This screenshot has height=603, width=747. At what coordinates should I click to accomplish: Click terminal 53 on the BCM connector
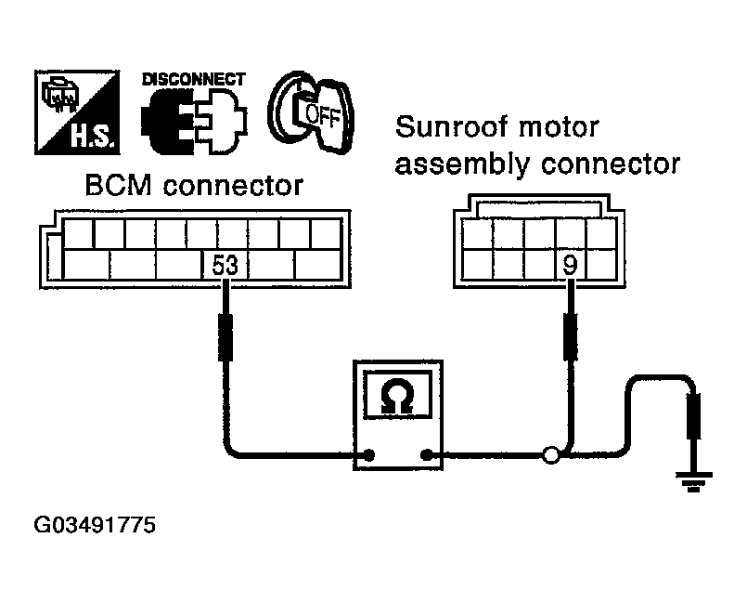click(x=225, y=265)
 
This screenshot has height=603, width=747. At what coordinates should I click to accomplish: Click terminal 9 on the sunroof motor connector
click(x=571, y=264)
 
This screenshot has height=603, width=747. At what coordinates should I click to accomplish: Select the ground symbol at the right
click(x=694, y=481)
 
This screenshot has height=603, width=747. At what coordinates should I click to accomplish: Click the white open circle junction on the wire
click(x=550, y=454)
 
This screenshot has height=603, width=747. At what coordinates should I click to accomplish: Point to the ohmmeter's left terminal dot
click(x=368, y=454)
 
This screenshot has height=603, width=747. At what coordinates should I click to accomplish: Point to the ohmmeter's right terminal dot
click(x=427, y=454)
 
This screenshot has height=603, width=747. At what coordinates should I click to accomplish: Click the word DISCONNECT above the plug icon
click(x=193, y=79)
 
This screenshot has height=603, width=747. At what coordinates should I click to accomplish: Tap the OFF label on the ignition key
click(x=322, y=116)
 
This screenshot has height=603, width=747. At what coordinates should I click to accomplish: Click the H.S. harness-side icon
click(x=77, y=112)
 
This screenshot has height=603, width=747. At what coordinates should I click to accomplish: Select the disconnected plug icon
click(x=194, y=122)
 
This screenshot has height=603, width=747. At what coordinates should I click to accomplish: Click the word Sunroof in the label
click(x=453, y=127)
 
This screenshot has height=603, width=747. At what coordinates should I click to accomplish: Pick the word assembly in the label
click(x=463, y=165)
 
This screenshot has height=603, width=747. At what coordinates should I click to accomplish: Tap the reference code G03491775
click(x=95, y=525)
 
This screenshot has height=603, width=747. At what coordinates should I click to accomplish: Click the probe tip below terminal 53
click(x=225, y=337)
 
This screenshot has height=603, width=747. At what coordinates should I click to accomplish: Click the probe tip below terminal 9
click(x=571, y=336)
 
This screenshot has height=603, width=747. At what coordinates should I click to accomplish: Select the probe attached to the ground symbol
click(x=694, y=416)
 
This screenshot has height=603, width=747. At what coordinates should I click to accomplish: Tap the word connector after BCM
click(x=234, y=186)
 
